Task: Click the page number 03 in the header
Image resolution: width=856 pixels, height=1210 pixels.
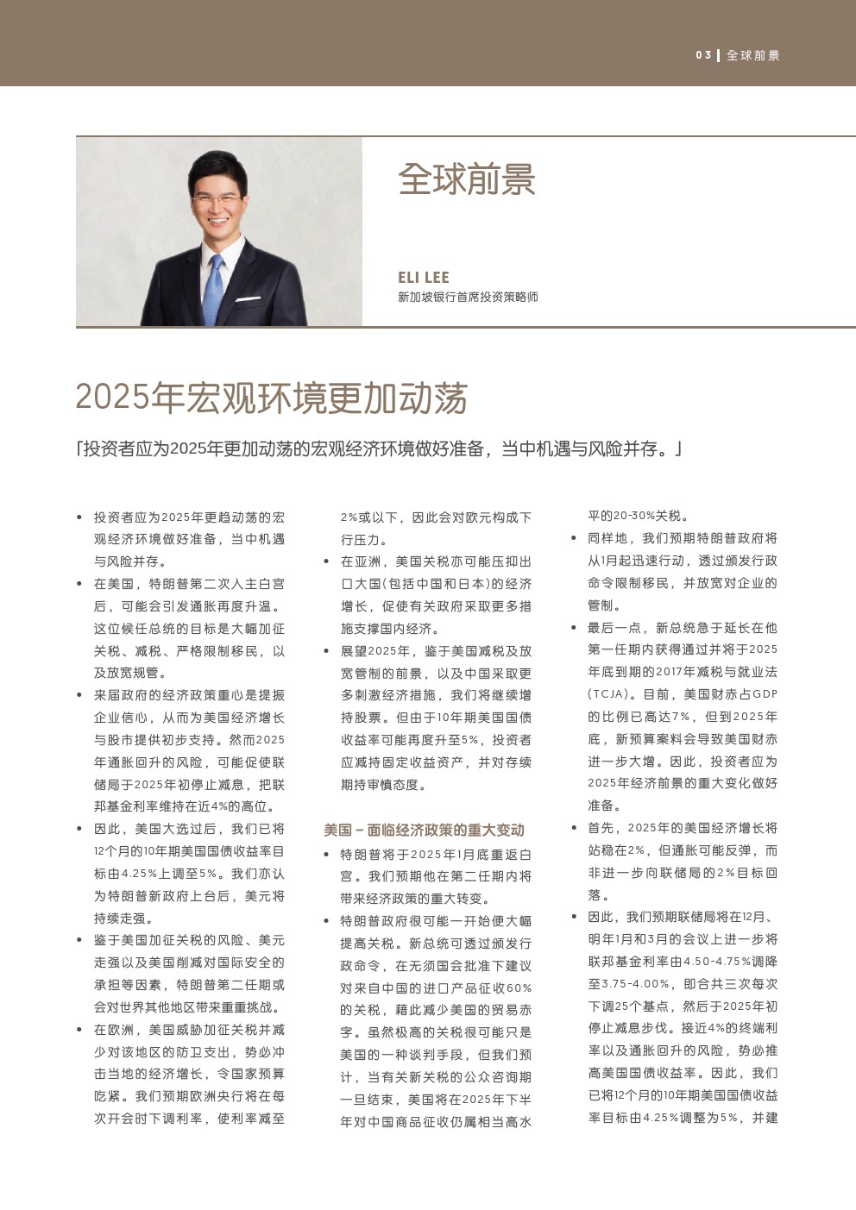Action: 703,55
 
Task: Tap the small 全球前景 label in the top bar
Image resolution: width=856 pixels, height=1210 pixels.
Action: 752,55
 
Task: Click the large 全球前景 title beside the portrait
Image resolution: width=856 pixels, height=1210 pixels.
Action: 467,179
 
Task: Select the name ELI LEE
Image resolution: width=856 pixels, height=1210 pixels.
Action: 424,277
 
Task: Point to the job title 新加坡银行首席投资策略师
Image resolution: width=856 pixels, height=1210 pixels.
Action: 468,297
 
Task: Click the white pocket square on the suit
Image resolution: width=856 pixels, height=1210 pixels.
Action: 249,299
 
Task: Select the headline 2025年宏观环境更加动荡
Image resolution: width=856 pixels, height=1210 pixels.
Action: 271,398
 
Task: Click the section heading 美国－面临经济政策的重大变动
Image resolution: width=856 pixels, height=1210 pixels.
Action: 424,830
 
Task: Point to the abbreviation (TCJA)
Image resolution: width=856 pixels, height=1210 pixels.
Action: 612,694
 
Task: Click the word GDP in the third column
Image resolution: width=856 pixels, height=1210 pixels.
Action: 765,694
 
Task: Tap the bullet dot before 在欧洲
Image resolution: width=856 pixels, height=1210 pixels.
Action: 79,1030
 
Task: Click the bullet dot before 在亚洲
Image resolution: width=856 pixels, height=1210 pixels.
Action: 326,561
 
